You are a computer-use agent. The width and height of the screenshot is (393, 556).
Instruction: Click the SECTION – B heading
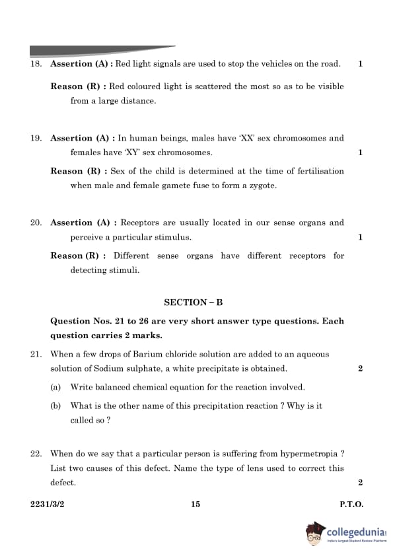[193, 302]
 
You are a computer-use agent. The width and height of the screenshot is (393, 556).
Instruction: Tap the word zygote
[262, 186]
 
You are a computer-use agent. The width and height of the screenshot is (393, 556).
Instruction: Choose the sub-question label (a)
[56, 387]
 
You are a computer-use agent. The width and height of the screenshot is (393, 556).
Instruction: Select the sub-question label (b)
[56, 405]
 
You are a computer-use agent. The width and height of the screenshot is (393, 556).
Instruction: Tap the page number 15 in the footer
[196, 504]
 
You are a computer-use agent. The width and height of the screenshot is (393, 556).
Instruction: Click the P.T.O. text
[351, 504]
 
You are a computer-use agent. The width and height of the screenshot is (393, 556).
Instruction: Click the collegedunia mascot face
[316, 534]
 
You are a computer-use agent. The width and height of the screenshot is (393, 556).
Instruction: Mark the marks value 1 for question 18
[360, 64]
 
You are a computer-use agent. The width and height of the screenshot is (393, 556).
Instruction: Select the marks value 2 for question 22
[360, 483]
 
